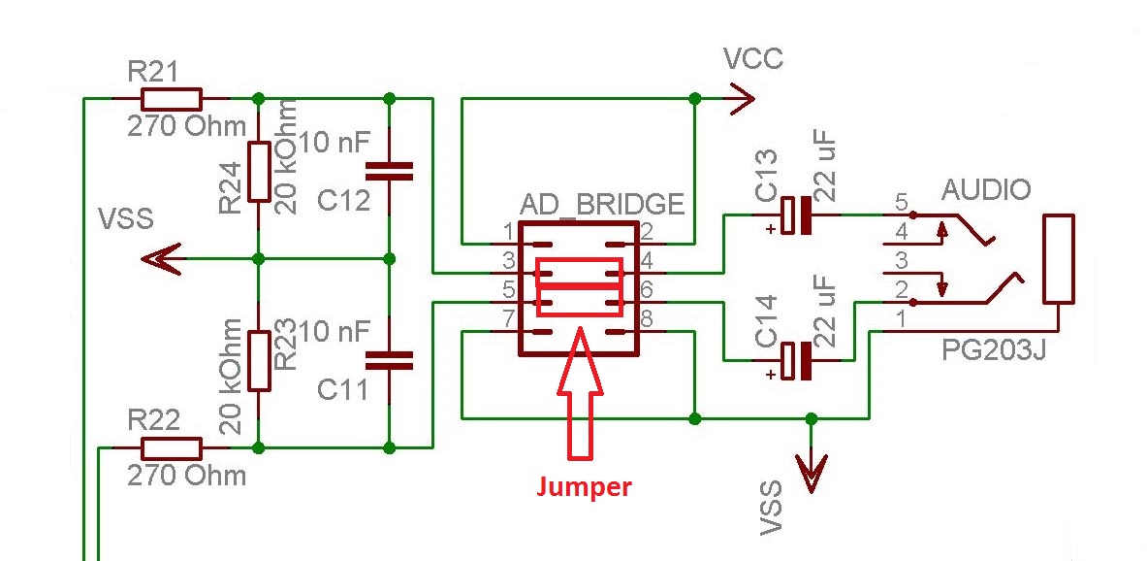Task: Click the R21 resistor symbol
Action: [172, 99]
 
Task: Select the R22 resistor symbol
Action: [172, 448]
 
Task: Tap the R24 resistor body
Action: [258, 171]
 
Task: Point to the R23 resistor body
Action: [258, 361]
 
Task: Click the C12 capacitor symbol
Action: [390, 172]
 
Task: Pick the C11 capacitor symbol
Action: [390, 361]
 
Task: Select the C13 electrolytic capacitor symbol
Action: [797, 215]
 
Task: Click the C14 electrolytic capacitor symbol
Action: [797, 361]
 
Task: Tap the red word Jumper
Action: [584, 486]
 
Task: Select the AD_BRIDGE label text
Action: [602, 205]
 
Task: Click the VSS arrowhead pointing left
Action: [161, 259]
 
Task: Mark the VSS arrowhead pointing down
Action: [812, 474]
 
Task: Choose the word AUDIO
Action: [985, 189]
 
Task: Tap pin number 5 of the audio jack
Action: [902, 205]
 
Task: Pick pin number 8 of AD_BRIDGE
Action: [648, 318]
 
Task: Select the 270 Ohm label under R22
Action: [186, 476]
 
